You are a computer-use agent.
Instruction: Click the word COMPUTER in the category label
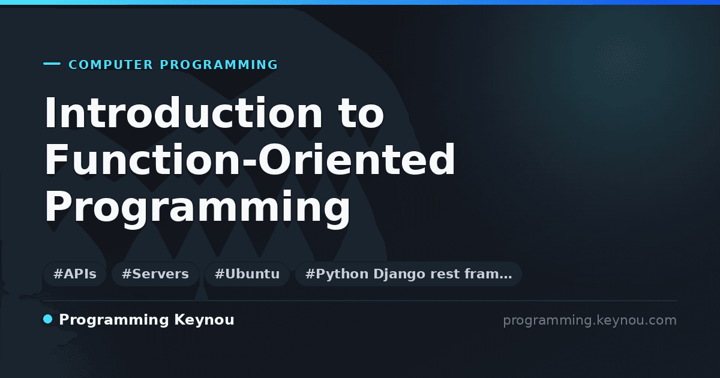(111, 65)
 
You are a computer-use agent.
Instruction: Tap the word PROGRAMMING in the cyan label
(219, 65)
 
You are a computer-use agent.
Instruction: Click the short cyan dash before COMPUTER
(52, 64)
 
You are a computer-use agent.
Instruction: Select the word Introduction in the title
(183, 113)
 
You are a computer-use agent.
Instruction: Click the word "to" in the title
(361, 113)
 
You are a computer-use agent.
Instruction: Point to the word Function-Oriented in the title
(250, 159)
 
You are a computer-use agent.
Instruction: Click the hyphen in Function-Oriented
(250, 163)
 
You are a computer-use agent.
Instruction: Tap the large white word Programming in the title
(197, 208)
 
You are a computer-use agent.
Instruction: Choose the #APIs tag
(74, 274)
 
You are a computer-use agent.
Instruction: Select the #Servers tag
(155, 274)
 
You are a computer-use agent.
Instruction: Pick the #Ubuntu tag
(247, 274)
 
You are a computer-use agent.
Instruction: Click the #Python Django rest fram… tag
(408, 274)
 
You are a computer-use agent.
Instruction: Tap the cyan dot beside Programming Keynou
(47, 319)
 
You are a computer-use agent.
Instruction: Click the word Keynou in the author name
(204, 320)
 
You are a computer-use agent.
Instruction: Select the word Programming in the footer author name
(114, 320)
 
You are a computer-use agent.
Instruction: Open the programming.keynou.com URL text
(590, 320)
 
